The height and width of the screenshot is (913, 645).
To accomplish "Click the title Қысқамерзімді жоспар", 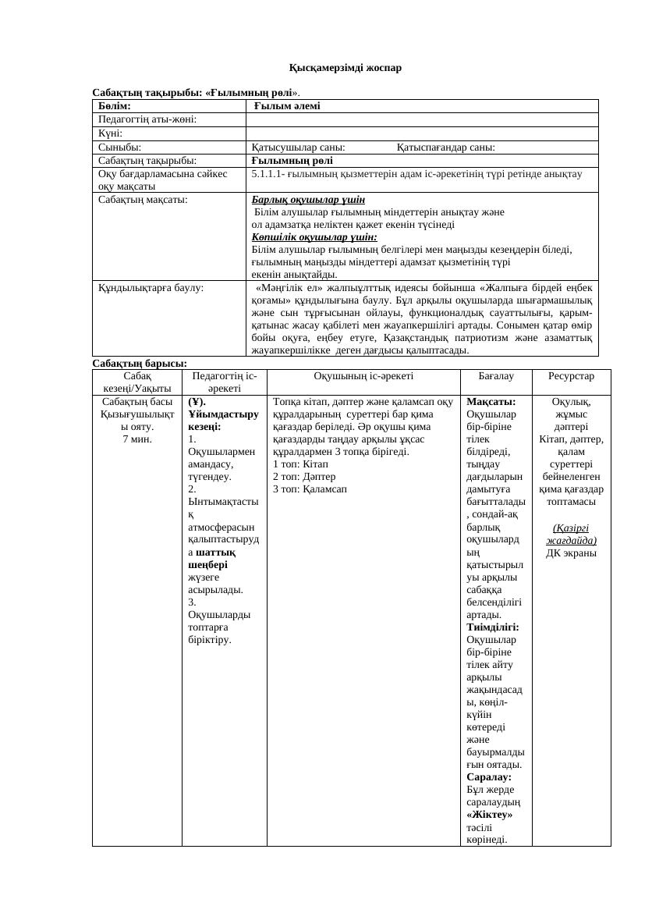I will pyautogui.click(x=345, y=68).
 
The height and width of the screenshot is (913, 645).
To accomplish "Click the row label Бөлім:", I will pyautogui.click(x=114, y=106).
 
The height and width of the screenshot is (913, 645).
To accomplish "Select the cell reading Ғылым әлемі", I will pyautogui.click(x=287, y=106).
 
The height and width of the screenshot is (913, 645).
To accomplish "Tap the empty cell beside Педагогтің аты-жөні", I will pyautogui.click(x=421, y=119).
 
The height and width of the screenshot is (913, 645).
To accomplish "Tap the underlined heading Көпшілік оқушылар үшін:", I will pyautogui.click(x=314, y=236).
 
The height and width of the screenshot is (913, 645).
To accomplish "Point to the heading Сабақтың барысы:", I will pyautogui.click(x=140, y=363).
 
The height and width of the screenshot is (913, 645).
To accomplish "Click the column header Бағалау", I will pyautogui.click(x=495, y=376).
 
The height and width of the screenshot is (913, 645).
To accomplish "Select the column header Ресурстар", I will pyautogui.click(x=571, y=376).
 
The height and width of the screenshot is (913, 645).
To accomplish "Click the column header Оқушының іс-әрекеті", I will pyautogui.click(x=363, y=376).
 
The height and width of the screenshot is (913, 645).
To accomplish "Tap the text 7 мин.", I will pyautogui.click(x=136, y=439).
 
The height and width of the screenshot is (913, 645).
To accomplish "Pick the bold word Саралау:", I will pyautogui.click(x=489, y=777).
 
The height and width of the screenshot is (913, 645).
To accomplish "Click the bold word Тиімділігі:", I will pyautogui.click(x=492, y=627).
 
